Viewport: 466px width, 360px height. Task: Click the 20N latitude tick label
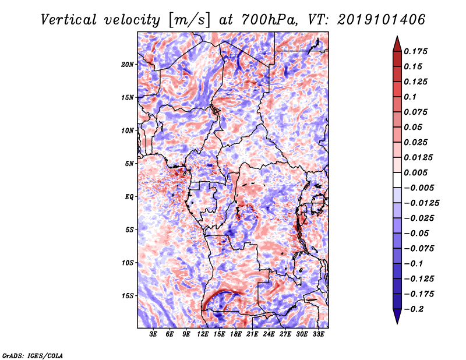tap(128, 64)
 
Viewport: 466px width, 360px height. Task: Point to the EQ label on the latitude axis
tap(129, 197)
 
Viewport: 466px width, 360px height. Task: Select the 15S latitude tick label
tap(128, 296)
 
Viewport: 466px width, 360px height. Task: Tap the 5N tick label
tap(129, 164)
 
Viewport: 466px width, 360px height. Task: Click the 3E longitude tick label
tap(154, 335)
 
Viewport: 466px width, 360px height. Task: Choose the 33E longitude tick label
tap(318, 335)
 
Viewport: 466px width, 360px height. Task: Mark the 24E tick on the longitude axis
tap(269, 335)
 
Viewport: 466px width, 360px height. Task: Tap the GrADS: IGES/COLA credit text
tap(32, 355)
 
